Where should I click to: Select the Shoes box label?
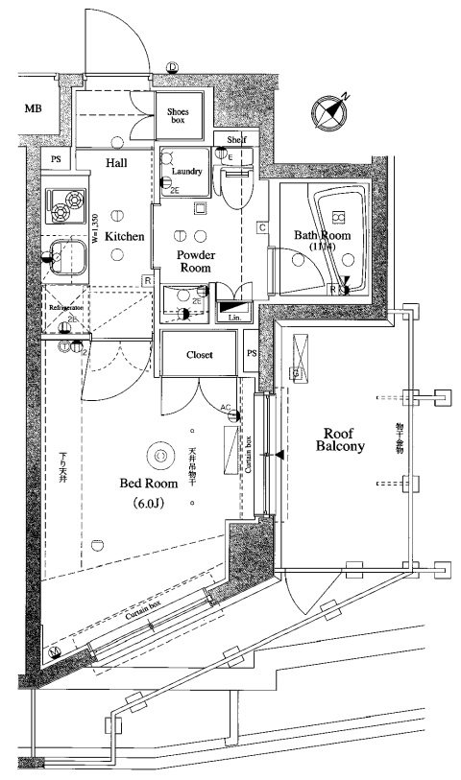pos(179,117)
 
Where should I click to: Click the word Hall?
pos(116,164)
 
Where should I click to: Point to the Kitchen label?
pos(125,235)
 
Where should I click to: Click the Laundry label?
pos(186,172)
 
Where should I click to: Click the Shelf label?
pos(236,139)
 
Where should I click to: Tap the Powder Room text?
pos(195,262)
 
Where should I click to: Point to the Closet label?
pos(200,354)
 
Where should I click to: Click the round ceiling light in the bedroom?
pos(160,455)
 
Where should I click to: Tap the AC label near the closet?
pos(227,408)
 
